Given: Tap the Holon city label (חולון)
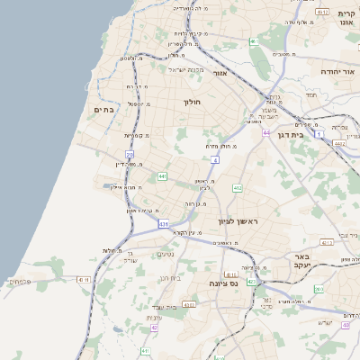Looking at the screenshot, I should (193, 102).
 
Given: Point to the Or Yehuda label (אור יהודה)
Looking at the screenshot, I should (338, 69).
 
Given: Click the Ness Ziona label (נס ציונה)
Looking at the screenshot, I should (222, 283).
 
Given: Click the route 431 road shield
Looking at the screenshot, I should (163, 222).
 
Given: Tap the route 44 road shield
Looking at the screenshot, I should (266, 132).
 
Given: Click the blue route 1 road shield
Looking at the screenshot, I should (319, 134).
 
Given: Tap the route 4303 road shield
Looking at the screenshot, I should (189, 305).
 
